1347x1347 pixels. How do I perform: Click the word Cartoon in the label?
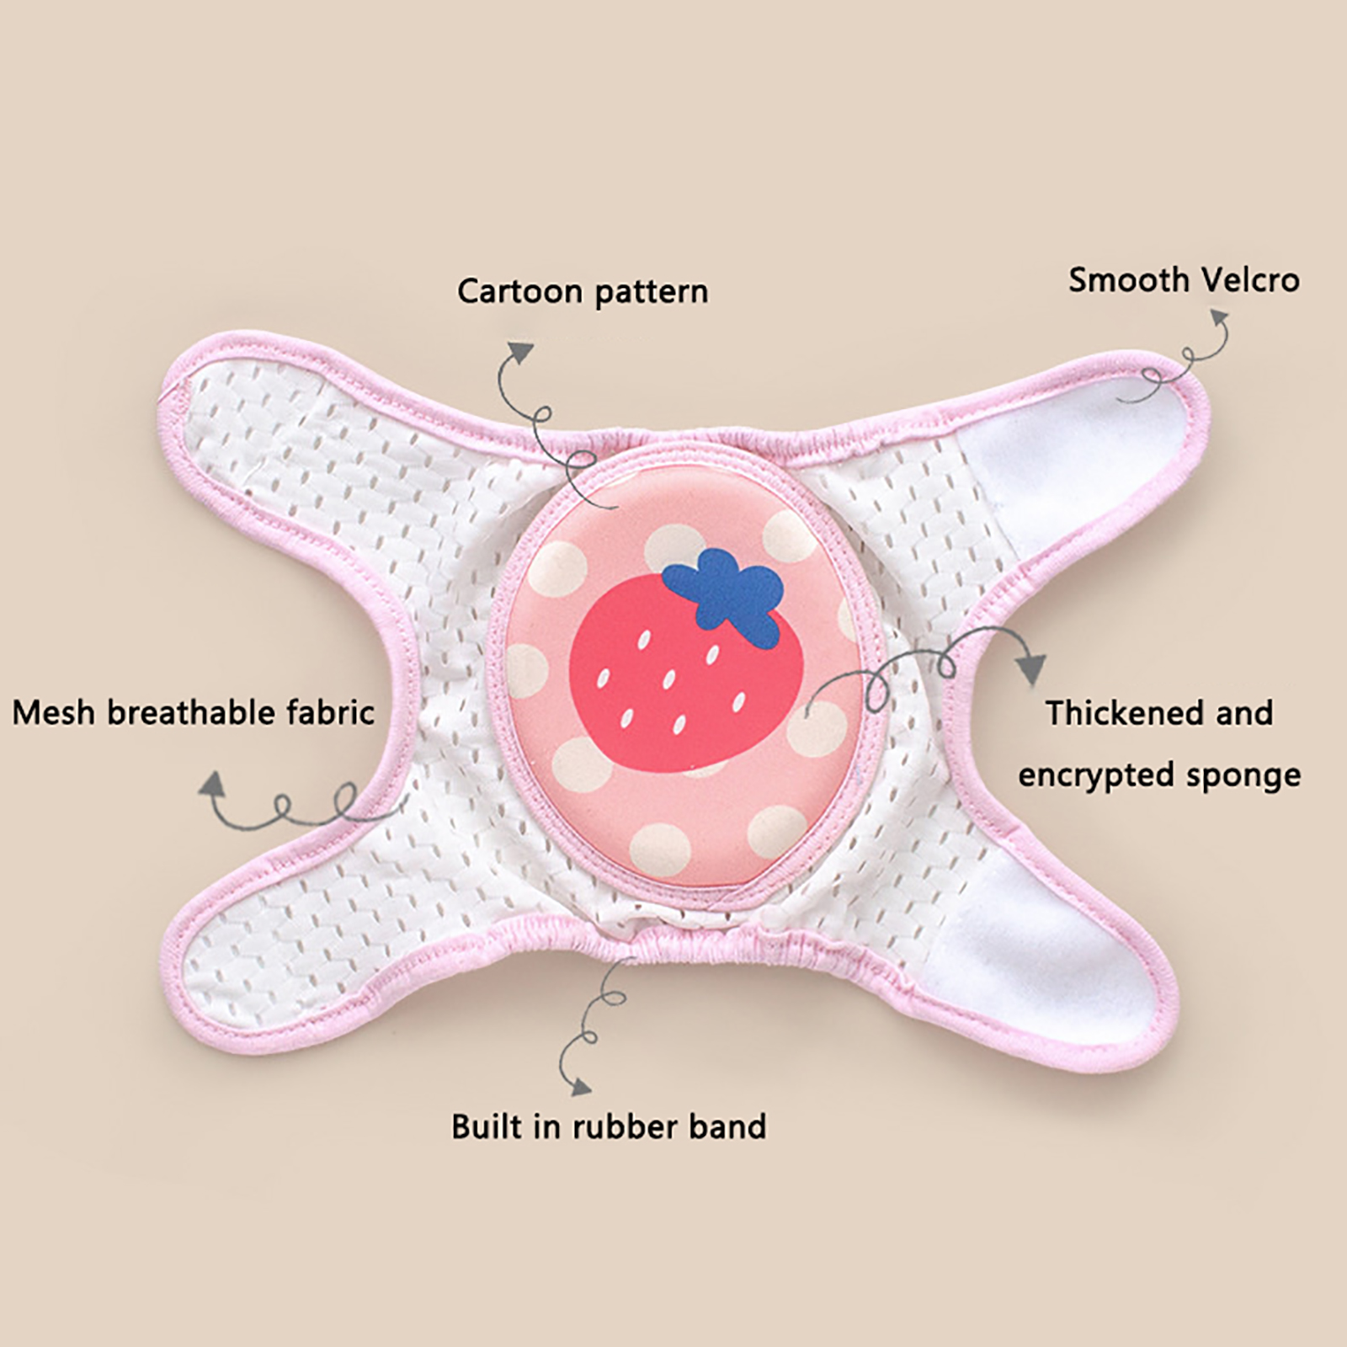520,291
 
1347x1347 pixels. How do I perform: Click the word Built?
484,1126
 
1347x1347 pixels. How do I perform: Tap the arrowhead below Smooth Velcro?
1218,318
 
